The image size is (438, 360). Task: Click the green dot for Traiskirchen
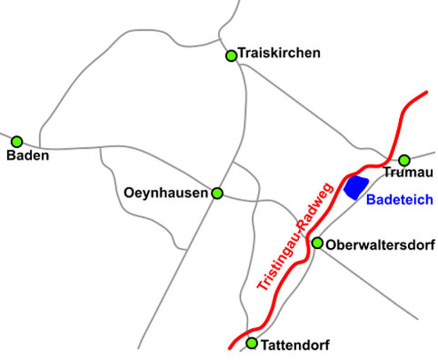click(231, 56)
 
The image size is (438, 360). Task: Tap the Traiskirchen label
click(279, 53)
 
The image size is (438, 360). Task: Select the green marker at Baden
click(17, 142)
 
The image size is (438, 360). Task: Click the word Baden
click(28, 156)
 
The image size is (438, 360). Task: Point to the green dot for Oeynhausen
click(217, 193)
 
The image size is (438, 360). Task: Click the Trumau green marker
click(404, 160)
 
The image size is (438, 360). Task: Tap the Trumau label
click(408, 173)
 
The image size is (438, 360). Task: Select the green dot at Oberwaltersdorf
click(317, 243)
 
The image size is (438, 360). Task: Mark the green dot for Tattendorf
click(252, 343)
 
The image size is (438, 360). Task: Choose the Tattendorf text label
click(294, 344)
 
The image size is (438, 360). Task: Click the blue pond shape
click(356, 187)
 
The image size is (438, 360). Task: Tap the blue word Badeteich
click(399, 199)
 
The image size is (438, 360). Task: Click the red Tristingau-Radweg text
click(296, 236)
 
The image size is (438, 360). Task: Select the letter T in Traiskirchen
click(241, 53)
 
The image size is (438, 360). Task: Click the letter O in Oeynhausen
click(128, 193)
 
